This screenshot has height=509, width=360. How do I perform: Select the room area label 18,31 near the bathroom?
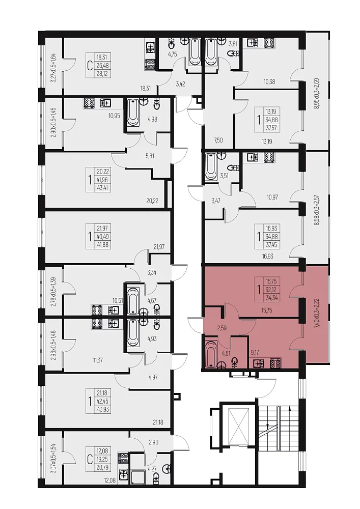(x=146, y=88)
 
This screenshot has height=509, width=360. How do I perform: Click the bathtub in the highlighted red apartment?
(x=211, y=353)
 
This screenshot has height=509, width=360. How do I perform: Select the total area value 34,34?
(x=268, y=298)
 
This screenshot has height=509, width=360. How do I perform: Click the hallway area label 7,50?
(x=218, y=140)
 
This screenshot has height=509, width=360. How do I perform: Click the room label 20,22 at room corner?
(x=152, y=201)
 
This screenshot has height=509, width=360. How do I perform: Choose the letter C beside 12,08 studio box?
(x=89, y=451)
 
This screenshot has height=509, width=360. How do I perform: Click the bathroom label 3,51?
(x=225, y=177)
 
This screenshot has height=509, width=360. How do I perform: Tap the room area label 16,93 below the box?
(x=267, y=256)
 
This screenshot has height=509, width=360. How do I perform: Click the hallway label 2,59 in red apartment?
(x=221, y=328)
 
